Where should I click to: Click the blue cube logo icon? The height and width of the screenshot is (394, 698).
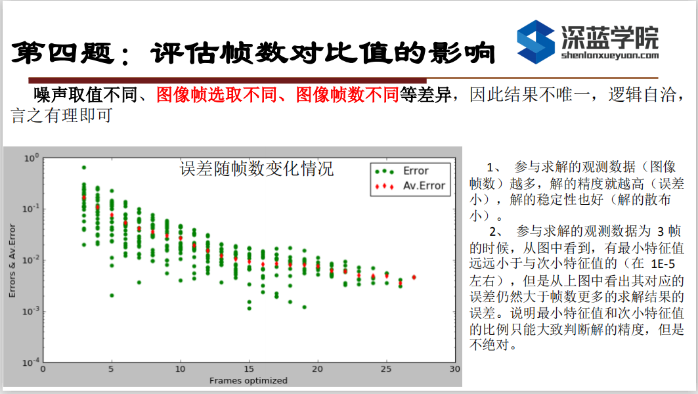tap(536, 42)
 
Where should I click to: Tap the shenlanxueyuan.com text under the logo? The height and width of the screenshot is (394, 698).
tap(610, 56)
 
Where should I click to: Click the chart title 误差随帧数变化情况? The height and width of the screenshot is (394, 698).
tap(257, 169)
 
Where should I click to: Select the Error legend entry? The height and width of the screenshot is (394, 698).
tap(410, 171)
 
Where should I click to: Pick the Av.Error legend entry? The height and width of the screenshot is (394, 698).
tap(410, 186)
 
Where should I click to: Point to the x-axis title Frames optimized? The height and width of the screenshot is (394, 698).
tap(248, 381)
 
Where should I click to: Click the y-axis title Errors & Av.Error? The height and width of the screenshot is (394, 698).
tap(12, 261)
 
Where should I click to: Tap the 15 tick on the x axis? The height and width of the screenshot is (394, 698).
tap(248, 369)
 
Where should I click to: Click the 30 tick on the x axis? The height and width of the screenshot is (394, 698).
tap(454, 369)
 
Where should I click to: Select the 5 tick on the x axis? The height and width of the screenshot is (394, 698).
tap(111, 369)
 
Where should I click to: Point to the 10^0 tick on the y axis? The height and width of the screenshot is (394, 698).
tap(31, 158)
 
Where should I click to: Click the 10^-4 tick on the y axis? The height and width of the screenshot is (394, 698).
tap(31, 363)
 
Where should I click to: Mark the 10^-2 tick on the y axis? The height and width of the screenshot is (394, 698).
tap(31, 260)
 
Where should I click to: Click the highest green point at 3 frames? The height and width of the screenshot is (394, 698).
tap(83, 167)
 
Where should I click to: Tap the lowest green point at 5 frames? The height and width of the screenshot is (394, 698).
tap(112, 295)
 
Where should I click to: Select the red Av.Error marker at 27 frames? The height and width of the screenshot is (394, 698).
tap(414, 277)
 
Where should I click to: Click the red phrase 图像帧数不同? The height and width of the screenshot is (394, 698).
tap(347, 95)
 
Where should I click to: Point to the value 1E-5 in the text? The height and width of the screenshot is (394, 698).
tap(663, 265)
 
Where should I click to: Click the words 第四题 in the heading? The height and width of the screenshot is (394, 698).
tap(62, 53)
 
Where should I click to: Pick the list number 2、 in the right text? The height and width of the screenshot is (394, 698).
tap(496, 232)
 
